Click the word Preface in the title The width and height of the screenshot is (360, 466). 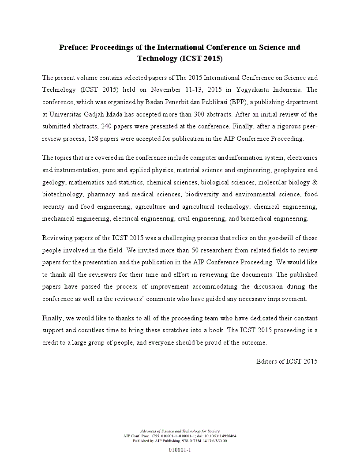tap(73, 47)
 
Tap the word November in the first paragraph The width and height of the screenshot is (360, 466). tap(166, 90)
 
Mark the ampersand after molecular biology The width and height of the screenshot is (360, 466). tap(315, 182)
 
